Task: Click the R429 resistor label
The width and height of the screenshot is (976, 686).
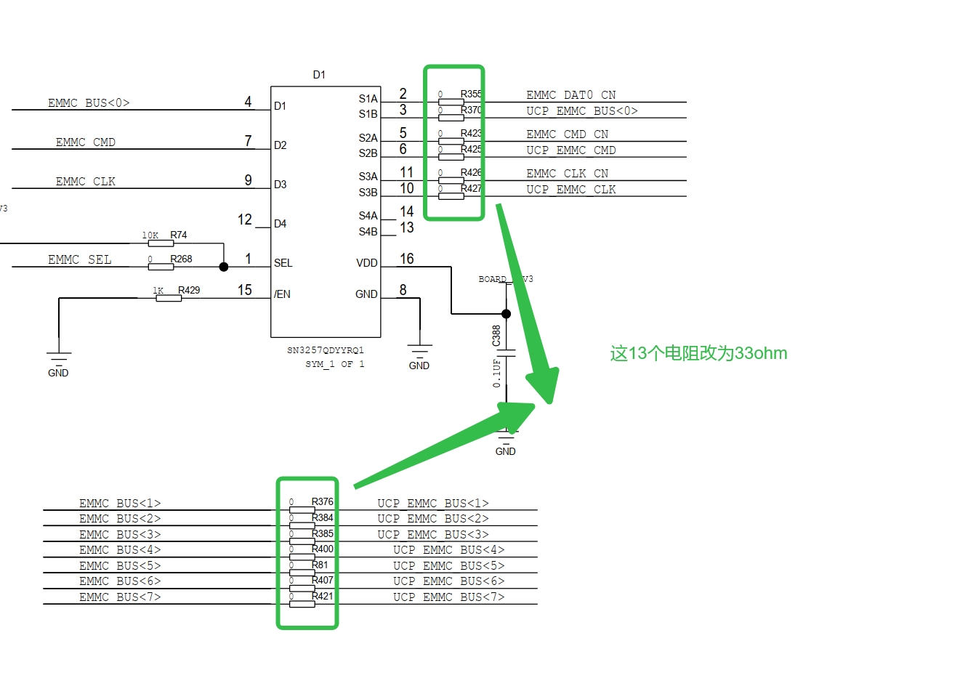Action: coord(189,290)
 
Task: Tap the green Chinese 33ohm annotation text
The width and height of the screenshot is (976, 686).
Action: coord(698,354)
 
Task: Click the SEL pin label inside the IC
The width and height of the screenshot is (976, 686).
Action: coord(283,263)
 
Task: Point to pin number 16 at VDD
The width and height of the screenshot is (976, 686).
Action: coord(406,259)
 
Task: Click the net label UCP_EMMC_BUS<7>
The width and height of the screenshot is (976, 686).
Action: coord(448,597)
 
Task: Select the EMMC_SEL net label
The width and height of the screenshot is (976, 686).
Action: coord(80,259)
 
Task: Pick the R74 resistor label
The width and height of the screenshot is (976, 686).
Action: coord(179,235)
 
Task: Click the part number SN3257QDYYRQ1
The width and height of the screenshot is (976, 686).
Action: coord(325,350)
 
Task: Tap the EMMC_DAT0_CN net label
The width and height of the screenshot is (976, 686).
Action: coord(570,95)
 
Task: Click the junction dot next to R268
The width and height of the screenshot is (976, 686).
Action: coord(224,267)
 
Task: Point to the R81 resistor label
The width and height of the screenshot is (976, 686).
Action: coord(320,565)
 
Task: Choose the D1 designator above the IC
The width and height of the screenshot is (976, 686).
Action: coord(319,75)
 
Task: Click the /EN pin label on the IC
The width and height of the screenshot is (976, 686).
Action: coord(282,294)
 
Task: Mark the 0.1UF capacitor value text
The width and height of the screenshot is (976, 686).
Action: coord(497,373)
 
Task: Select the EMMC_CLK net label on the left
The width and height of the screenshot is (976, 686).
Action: coord(85,182)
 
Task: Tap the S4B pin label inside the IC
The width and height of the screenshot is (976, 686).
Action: coord(368,232)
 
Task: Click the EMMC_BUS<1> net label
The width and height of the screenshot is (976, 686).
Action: coord(120,504)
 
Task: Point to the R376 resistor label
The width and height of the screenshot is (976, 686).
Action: coord(323,501)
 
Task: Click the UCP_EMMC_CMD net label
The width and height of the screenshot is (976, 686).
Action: coord(570,150)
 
